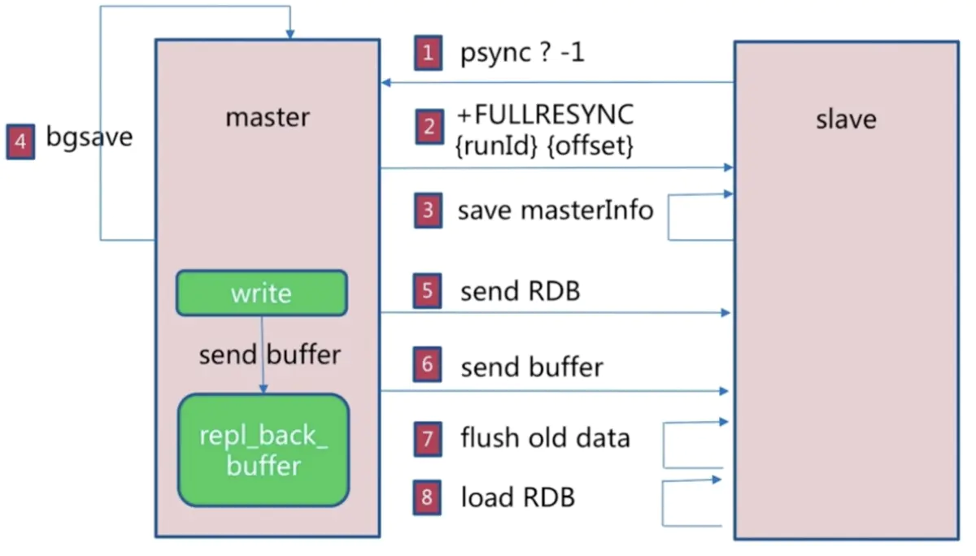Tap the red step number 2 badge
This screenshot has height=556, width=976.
click(x=429, y=128)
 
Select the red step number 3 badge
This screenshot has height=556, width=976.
click(x=428, y=211)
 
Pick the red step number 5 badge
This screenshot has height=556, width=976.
click(x=428, y=292)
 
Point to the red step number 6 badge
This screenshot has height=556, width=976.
click(x=428, y=367)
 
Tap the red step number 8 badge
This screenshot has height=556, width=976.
click(x=428, y=497)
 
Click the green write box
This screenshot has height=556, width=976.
click(x=261, y=293)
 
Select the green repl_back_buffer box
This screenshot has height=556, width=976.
click(x=264, y=450)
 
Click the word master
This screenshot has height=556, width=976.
click(x=267, y=118)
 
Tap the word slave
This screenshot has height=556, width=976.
click(x=846, y=119)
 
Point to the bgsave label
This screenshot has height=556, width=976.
click(x=89, y=137)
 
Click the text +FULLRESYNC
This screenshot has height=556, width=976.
click(x=545, y=115)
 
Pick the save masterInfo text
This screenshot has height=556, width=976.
click(x=556, y=211)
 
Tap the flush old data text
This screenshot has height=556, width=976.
click(x=545, y=439)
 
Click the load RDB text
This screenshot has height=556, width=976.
click(x=518, y=497)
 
